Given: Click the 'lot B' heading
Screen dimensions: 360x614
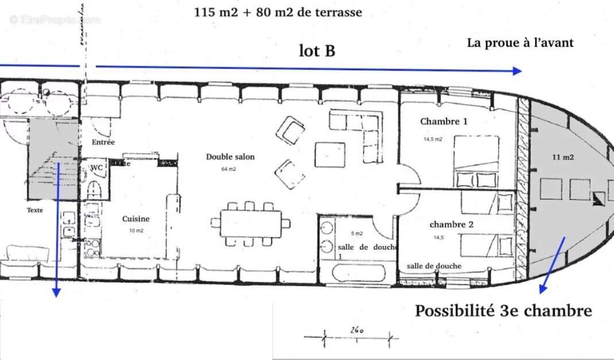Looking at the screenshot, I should [317, 51].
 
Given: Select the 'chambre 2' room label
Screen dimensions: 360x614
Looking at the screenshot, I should [451, 224].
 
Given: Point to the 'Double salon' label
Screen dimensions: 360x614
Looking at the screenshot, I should [230, 156].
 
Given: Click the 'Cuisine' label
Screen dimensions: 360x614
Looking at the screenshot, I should [136, 219].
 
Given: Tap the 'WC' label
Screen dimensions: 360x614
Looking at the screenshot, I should [97, 167].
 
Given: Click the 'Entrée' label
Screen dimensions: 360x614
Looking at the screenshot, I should [103, 142].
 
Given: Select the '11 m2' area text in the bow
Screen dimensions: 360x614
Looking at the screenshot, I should [563, 157].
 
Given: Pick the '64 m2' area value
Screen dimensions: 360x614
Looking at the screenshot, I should [229, 170].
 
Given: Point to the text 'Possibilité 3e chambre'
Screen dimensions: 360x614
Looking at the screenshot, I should [503, 311].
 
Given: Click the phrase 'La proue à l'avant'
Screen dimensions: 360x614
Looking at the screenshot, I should [520, 43].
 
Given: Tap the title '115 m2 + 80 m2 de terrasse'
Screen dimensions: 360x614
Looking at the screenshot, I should [278, 12].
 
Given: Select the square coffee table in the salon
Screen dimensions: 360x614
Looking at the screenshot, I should [329, 154].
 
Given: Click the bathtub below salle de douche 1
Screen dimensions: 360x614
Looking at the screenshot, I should [356, 273].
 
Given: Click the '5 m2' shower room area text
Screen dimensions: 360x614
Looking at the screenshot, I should [356, 233].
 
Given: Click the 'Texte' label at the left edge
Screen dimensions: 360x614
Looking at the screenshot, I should [34, 210].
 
